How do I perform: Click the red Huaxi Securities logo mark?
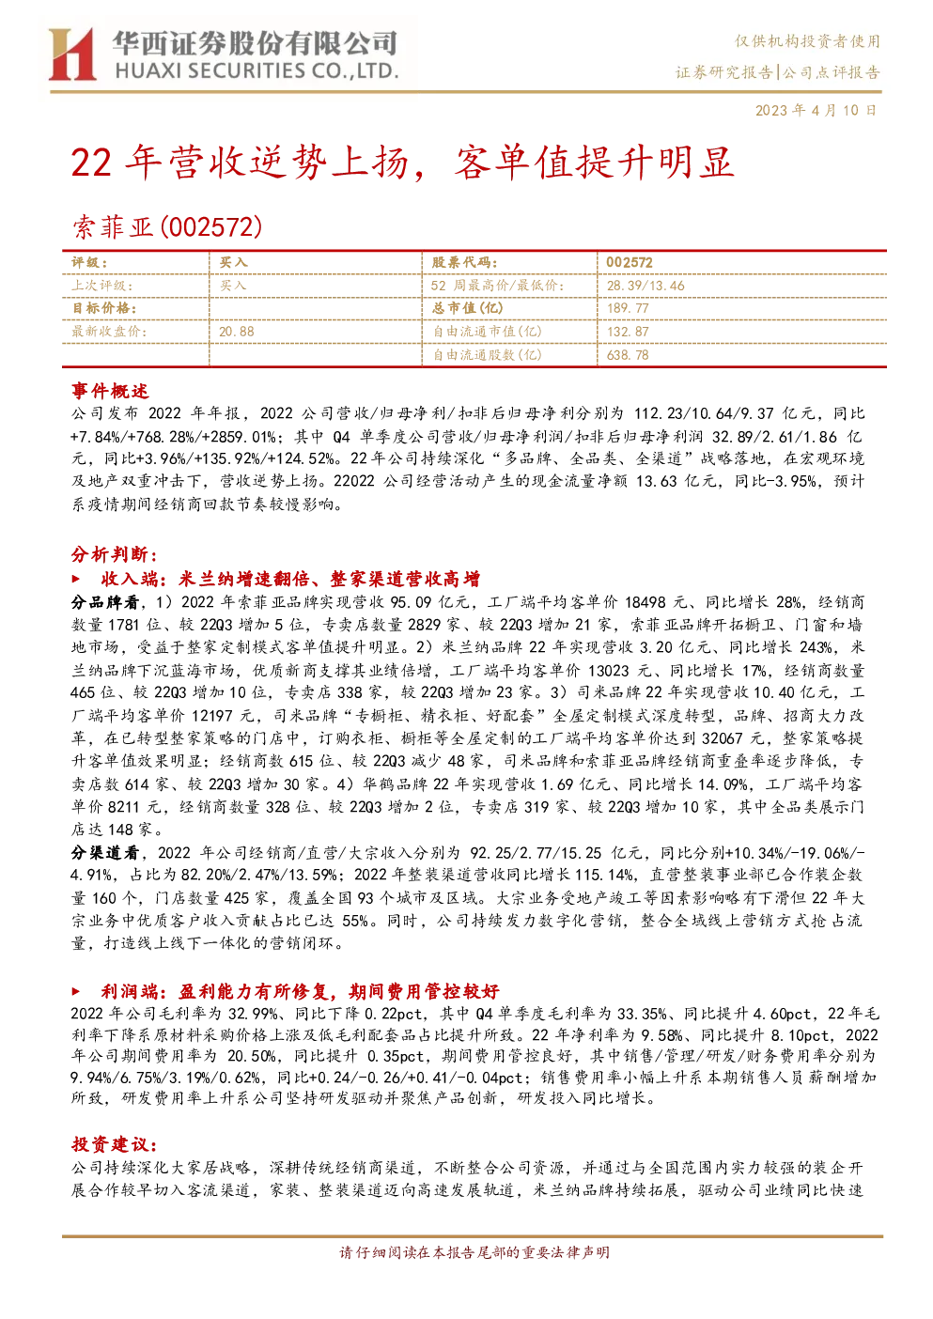[71, 54]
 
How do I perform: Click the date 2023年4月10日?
[816, 110]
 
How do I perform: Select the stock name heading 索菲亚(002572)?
[167, 227]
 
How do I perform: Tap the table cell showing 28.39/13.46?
[645, 286]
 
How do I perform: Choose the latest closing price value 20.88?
[237, 332]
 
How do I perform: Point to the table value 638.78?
[628, 354]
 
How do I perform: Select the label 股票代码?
[465, 263]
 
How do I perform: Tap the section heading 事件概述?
[110, 391]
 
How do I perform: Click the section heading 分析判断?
[115, 554]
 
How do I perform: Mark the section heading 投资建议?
[115, 1144]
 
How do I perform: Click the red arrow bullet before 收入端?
[76, 579]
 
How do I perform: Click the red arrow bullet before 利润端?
[76, 992]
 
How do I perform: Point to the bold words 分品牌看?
[105, 602]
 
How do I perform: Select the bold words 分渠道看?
[105, 853]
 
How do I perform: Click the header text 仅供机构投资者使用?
[807, 41]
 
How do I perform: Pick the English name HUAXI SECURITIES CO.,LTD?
[257, 71]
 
